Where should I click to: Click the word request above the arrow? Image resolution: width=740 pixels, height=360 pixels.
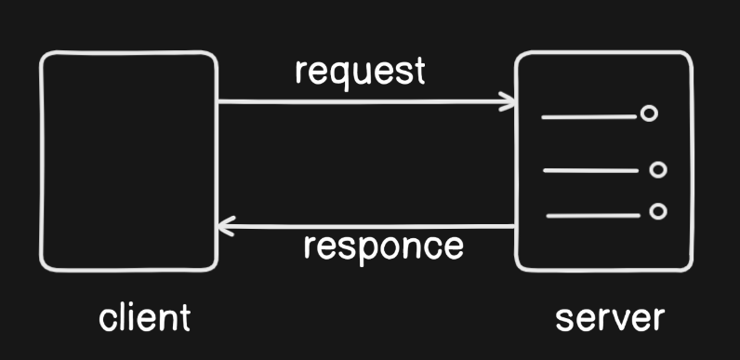click(x=360, y=73)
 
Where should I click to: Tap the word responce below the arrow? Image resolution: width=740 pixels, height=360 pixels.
click(x=384, y=248)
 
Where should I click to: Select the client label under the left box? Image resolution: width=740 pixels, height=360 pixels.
click(x=144, y=317)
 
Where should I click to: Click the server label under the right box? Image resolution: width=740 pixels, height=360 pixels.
click(x=610, y=319)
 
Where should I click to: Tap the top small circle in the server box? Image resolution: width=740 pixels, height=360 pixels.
click(x=649, y=113)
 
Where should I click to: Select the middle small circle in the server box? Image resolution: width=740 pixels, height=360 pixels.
click(x=658, y=169)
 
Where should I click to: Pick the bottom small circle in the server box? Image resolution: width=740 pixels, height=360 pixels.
click(x=658, y=211)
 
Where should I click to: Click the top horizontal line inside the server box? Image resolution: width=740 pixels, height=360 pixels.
click(x=589, y=116)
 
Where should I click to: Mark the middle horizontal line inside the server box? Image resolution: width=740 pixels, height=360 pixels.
click(x=591, y=170)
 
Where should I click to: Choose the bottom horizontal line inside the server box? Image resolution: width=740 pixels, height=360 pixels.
click(x=593, y=216)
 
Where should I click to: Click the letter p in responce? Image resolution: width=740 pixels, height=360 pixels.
click(x=361, y=250)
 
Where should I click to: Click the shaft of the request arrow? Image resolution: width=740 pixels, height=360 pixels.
click(x=365, y=101)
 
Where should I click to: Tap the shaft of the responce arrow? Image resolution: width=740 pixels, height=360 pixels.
click(x=365, y=227)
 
